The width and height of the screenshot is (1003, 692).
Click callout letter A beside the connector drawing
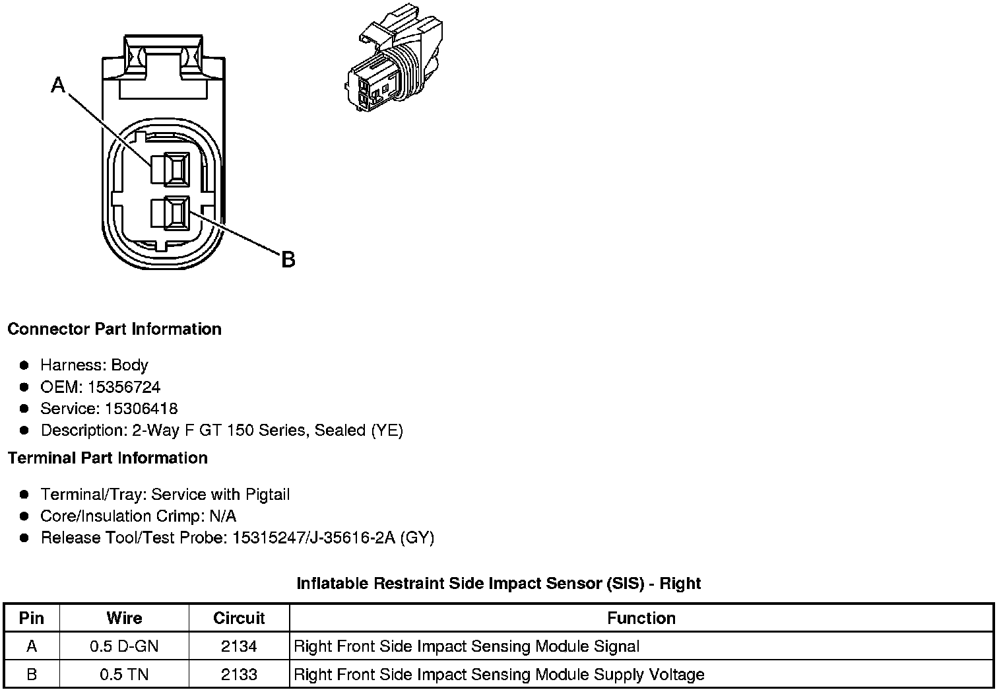click(59, 85)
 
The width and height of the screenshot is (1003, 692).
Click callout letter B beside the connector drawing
click(288, 259)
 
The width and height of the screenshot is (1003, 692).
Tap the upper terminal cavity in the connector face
click(170, 168)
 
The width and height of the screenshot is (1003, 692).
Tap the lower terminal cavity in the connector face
click(170, 213)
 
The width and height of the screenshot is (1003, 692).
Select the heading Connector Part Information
click(114, 329)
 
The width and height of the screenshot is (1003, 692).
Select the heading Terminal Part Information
click(108, 458)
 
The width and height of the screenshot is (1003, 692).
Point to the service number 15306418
click(141, 409)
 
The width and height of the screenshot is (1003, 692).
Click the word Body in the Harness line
click(129, 365)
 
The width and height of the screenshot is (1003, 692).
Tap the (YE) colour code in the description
click(387, 431)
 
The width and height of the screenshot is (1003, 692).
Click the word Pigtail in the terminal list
click(267, 495)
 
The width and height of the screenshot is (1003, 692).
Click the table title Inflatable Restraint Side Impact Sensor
click(498, 583)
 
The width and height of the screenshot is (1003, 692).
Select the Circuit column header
click(239, 618)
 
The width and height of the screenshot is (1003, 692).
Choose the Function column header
click(641, 618)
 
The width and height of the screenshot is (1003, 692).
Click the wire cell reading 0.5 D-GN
click(124, 646)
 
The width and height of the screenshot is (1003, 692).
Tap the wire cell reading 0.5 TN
click(124, 674)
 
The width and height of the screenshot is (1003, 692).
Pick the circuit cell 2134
click(239, 646)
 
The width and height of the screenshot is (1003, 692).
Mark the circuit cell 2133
click(239, 674)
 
